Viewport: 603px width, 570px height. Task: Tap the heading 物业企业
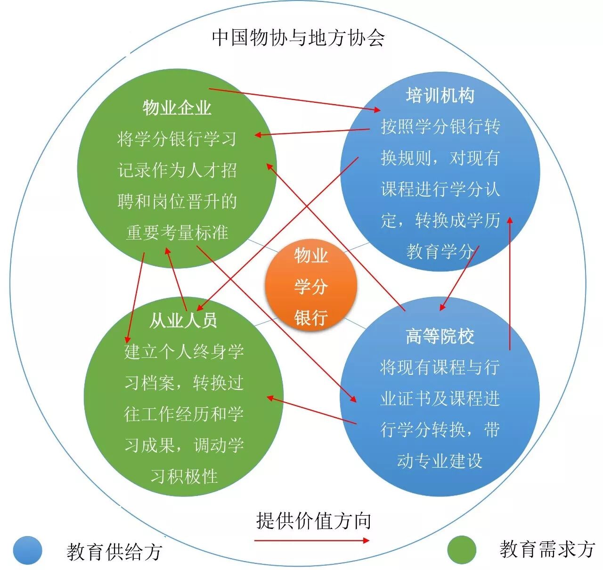click(177, 108)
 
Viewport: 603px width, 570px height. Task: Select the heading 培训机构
click(440, 96)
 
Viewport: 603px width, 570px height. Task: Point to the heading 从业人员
click(183, 321)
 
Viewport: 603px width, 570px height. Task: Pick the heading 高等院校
click(440, 337)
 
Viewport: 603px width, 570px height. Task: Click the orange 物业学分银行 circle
click(311, 286)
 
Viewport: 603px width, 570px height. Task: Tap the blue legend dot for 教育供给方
click(28, 550)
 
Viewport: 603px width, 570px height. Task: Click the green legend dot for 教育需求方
click(462, 550)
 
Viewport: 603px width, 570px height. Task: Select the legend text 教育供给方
click(114, 552)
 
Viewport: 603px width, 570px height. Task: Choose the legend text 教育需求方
click(546, 549)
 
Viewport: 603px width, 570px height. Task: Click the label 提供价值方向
click(314, 521)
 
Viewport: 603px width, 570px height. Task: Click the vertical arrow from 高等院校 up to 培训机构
click(510, 283)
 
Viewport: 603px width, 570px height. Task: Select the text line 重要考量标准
click(177, 232)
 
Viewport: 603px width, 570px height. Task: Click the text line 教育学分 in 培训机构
click(440, 251)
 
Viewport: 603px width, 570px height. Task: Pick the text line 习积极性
click(184, 476)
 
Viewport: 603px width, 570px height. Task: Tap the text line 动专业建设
click(440, 461)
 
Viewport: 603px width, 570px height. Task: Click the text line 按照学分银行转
click(440, 127)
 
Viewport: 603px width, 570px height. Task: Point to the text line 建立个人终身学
click(184, 352)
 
